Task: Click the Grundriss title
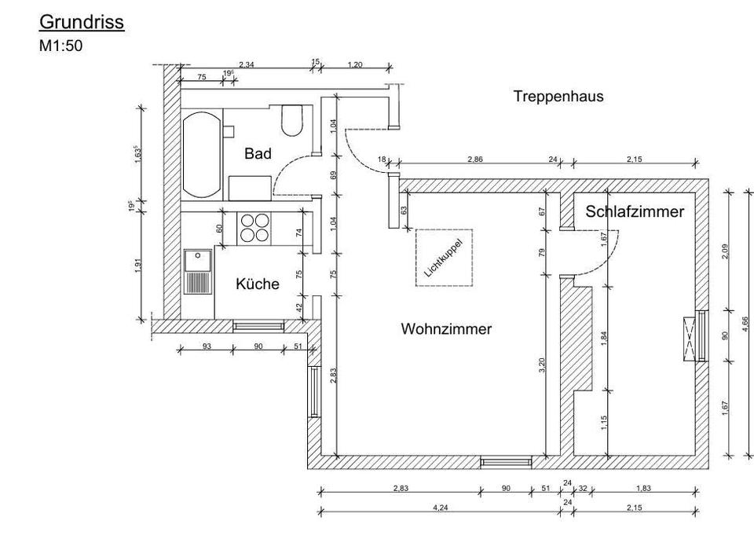82,22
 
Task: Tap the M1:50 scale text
60,46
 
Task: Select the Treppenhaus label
558,97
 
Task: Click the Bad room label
258,154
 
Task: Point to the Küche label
258,284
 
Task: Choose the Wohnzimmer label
446,329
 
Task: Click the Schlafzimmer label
635,212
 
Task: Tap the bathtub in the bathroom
202,155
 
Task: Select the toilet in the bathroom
292,120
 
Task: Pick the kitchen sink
199,272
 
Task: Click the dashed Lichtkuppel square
444,258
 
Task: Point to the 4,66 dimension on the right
745,324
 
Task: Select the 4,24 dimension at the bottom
441,508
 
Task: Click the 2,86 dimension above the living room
475,159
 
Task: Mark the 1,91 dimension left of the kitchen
138,266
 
